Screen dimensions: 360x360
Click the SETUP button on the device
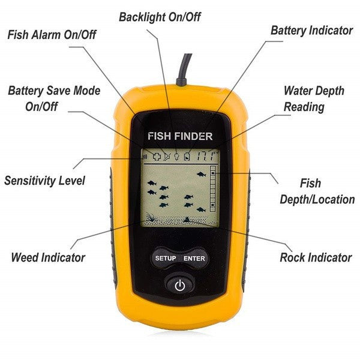[166, 258]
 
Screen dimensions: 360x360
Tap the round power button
[180, 286]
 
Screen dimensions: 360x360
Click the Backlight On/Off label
[160, 17]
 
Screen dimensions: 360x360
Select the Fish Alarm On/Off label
[52, 35]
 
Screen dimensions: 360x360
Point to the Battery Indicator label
[311, 31]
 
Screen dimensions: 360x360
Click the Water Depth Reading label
[314, 99]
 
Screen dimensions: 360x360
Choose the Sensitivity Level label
[44, 181]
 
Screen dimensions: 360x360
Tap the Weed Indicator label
[48, 257]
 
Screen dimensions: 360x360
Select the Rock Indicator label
[316, 257]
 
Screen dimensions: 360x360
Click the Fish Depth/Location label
[317, 191]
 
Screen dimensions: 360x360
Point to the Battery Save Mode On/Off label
[54, 98]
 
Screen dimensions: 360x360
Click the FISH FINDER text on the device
[180, 136]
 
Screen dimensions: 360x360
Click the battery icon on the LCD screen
[187, 157]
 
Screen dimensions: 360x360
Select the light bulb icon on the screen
[176, 157]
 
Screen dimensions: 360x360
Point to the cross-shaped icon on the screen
[157, 157]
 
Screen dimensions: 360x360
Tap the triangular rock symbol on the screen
[188, 220]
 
